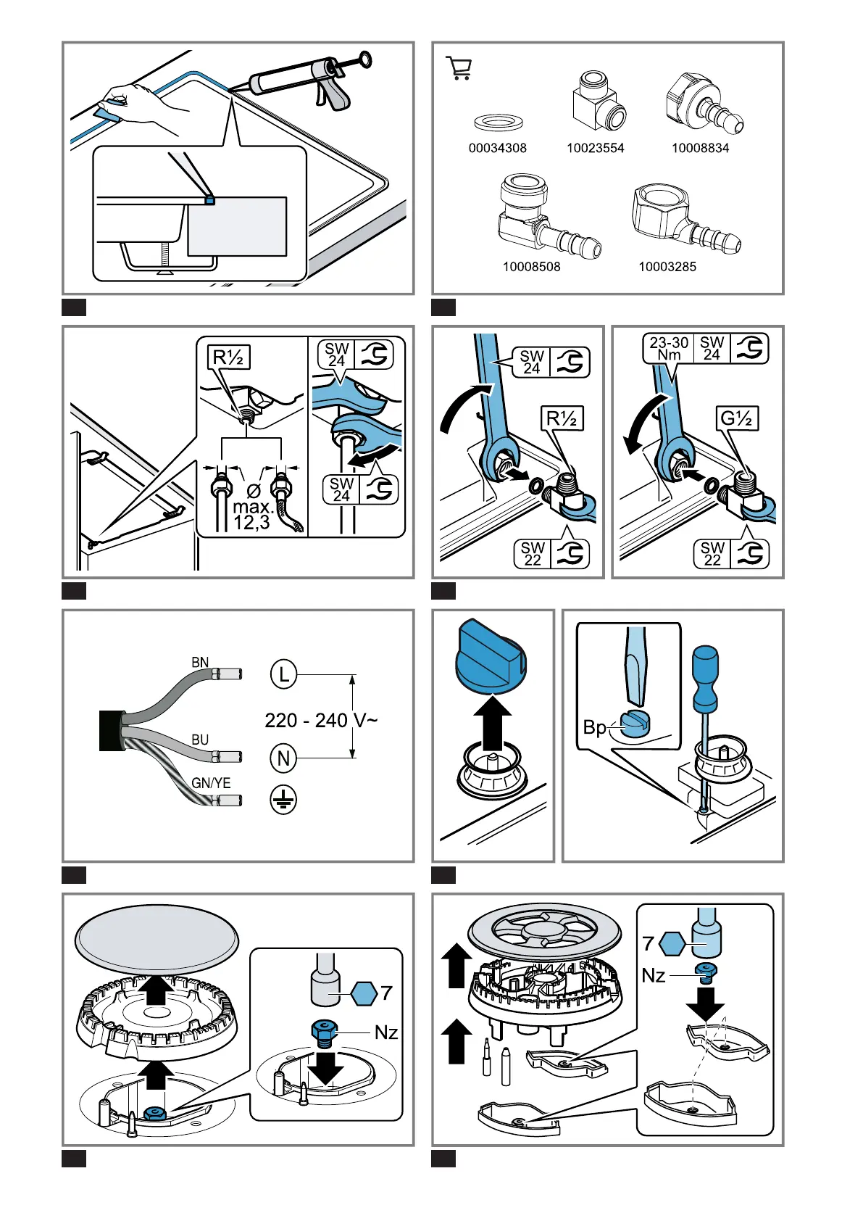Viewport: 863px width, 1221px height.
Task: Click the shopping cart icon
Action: [459, 67]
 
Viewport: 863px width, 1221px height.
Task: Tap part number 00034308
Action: [497, 148]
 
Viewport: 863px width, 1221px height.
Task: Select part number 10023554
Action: [595, 148]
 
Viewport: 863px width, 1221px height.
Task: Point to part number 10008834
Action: [700, 148]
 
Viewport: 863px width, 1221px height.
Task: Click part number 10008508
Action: [531, 267]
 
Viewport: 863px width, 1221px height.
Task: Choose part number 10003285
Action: [667, 267]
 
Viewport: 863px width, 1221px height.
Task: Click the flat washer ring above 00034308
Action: [498, 122]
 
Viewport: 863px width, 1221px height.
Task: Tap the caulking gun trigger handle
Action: [335, 95]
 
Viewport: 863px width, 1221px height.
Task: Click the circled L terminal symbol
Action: [283, 674]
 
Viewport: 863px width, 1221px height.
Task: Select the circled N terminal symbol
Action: [283, 758]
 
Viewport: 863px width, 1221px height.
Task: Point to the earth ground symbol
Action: [283, 800]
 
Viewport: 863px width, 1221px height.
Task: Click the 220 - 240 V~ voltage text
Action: [320, 720]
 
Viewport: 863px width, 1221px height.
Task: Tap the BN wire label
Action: [200, 662]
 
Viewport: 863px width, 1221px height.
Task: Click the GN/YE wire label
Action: [211, 783]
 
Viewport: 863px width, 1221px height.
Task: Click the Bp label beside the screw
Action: [594, 727]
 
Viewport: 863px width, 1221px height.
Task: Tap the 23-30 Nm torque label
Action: [669, 348]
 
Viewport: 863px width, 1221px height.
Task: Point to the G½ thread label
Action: [737, 418]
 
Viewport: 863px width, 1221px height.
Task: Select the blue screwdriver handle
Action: [705, 678]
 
